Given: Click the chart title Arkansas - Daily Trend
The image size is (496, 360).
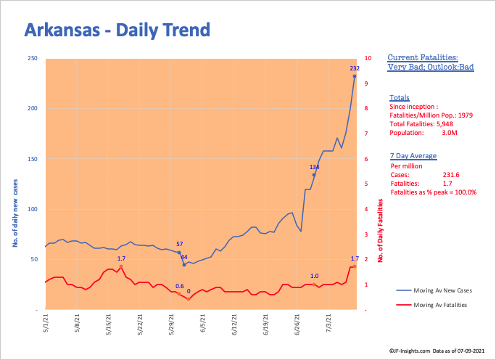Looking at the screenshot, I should [x=117, y=30].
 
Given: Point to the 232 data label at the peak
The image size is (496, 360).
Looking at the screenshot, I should [x=355, y=68].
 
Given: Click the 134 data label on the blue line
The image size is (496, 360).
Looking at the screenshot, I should [x=314, y=167].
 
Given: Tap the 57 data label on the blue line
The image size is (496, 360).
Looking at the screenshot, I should [x=179, y=245].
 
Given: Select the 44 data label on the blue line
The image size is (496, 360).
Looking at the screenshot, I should [x=184, y=258].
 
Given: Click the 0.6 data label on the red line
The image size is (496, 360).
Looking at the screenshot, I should [x=179, y=286].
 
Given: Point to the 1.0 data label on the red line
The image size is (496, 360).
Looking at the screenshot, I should [x=314, y=276].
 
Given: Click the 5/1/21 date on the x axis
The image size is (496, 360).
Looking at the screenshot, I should [x=46, y=321].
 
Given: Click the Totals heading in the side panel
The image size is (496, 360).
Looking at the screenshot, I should [x=399, y=97].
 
